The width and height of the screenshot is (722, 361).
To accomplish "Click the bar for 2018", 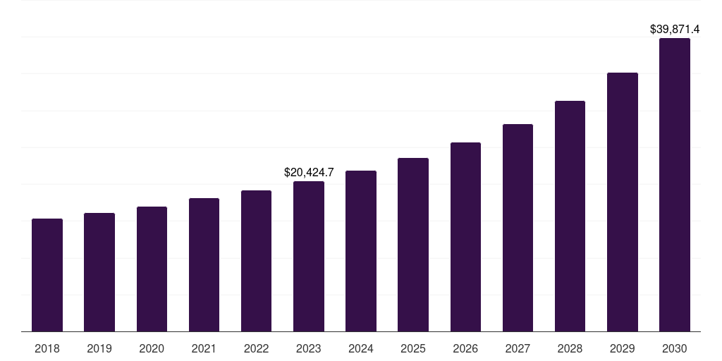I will tap(47, 275).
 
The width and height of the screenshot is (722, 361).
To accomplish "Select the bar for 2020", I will tap(152, 269).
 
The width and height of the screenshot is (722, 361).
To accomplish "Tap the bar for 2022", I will tap(256, 261).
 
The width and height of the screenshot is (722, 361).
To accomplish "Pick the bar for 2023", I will tap(309, 256).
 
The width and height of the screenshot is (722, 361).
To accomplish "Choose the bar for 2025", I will tap(413, 245).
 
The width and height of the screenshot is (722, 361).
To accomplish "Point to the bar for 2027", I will tap(518, 228).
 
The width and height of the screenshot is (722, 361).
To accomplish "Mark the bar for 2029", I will tap(622, 202).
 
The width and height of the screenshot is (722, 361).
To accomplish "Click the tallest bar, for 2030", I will tap(675, 185).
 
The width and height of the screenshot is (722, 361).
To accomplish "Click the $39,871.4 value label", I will tap(675, 29).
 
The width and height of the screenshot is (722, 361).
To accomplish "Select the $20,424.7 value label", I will tap(309, 172).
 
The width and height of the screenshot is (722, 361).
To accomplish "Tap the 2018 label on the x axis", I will tap(47, 348).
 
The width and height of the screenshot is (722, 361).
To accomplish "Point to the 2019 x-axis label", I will tap(99, 348).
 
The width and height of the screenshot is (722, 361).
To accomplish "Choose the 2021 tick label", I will tap(204, 348).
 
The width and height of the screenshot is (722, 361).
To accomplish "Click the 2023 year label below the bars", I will tap(309, 348).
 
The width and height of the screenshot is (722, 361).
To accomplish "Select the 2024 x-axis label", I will tap(361, 348).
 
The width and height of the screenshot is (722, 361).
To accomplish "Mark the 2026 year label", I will tap(465, 348).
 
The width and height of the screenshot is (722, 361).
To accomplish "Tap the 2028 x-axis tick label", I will tap(570, 348).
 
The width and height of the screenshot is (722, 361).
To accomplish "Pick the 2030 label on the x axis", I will tap(675, 348).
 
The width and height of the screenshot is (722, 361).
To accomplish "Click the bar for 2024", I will tap(361, 251).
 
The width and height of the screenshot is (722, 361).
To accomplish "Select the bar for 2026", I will tap(465, 237).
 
